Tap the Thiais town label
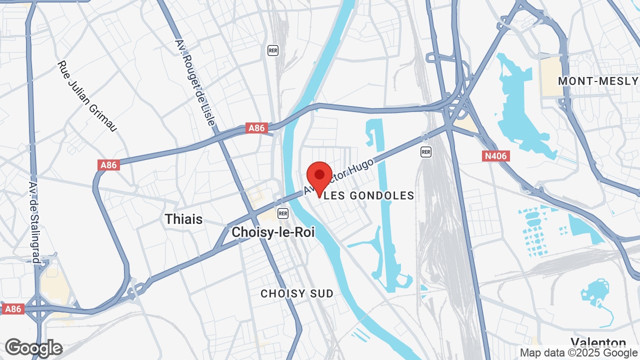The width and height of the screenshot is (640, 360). pos(183,219)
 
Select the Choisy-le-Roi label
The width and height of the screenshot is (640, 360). pos(273,232)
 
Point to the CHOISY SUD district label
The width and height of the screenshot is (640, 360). pos(297,293)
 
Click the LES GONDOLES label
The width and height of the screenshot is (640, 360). pos(369,195)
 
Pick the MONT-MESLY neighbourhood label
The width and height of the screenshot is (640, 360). pos(598,81)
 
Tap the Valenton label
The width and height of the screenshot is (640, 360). pos(598,343)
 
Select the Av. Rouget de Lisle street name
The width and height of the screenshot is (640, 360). pos(195,82)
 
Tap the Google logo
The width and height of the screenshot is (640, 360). pos(33,348)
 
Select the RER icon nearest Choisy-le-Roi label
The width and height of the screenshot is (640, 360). pos(283,213)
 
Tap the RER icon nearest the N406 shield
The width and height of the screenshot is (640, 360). pos(425,151)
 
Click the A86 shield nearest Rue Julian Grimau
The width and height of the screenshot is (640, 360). pos(108,165)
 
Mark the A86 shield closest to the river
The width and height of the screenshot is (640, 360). pos(256,128)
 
